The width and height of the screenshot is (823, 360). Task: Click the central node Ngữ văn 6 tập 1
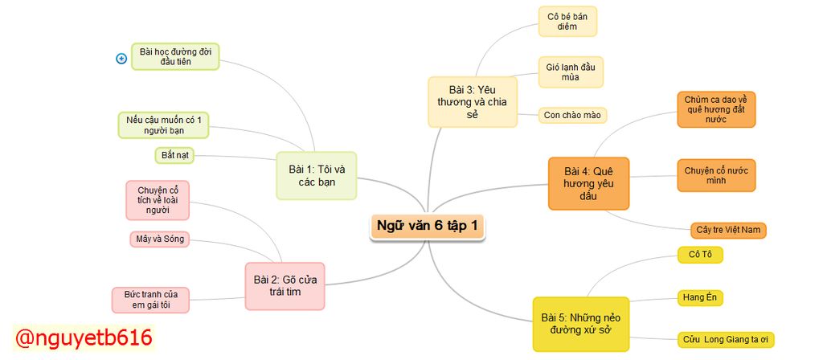click(428, 226)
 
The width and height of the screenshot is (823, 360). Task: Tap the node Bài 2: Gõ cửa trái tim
click(285, 285)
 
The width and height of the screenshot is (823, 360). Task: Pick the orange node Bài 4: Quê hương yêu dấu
click(588, 183)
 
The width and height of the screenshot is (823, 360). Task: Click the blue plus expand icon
click(122, 59)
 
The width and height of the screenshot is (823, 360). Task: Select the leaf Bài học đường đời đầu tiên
click(175, 56)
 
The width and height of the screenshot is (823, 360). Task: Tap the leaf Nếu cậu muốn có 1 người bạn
click(163, 125)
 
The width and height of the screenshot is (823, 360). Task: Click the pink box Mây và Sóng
click(159, 239)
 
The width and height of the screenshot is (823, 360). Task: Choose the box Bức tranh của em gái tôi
click(151, 299)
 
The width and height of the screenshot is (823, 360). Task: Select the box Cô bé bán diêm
click(567, 21)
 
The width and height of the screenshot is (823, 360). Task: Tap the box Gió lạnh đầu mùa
click(571, 72)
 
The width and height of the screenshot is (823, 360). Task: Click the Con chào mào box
click(572, 115)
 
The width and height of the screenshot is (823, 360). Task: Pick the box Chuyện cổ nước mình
click(716, 175)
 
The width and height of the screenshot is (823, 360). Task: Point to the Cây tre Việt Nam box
click(728, 231)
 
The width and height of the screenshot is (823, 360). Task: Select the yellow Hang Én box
click(699, 297)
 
